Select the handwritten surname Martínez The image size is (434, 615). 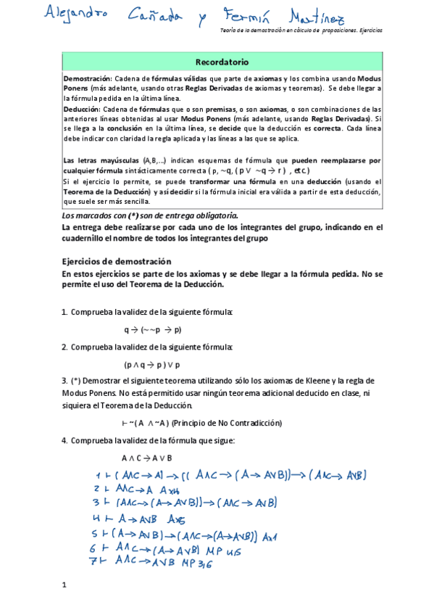(x=333, y=15)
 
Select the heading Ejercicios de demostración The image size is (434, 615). (x=117, y=261)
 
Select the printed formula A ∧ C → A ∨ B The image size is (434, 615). (x=147, y=458)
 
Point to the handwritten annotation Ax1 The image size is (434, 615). (x=271, y=536)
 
